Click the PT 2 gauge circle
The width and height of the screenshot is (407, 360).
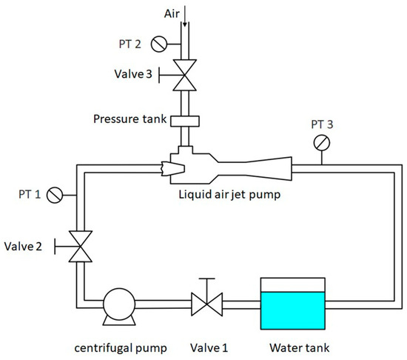(158, 44)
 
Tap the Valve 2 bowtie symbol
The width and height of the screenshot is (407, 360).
(78, 245)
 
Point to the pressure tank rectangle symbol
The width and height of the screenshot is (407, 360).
(183, 120)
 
